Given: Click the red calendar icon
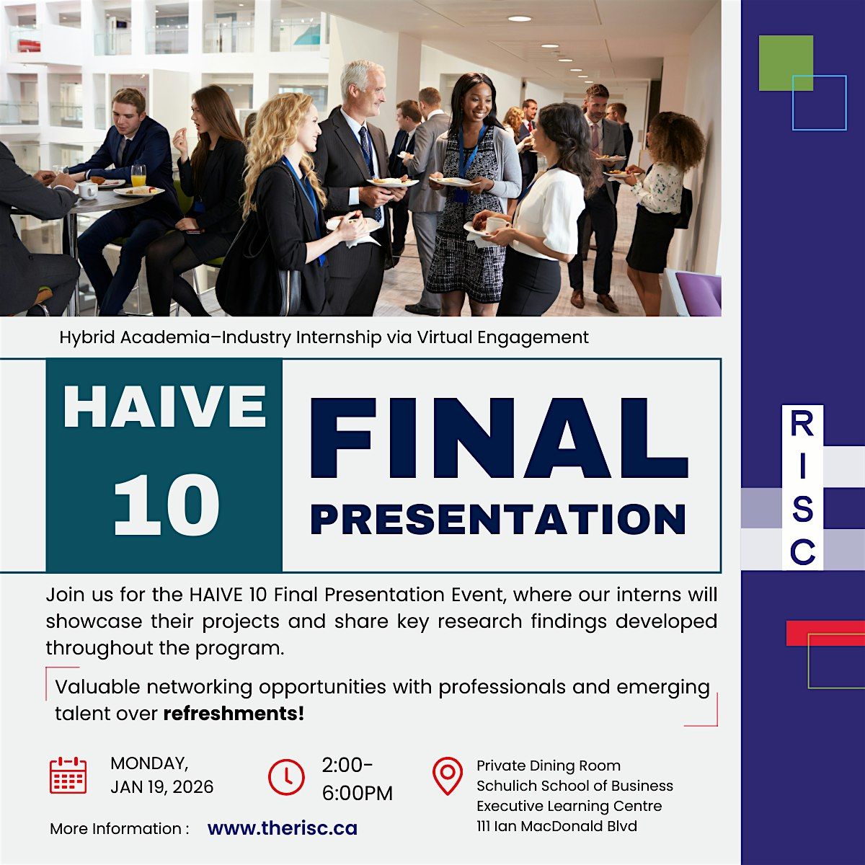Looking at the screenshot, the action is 68,775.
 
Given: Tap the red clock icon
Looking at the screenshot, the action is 286,778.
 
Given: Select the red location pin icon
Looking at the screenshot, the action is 448,776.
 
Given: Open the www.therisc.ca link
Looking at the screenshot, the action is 283,829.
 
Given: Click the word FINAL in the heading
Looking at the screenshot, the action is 499,438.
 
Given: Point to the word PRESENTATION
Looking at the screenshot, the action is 498,518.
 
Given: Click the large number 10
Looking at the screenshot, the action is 167,505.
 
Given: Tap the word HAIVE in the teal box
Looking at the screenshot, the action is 165,407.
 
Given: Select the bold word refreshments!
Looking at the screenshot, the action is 234,714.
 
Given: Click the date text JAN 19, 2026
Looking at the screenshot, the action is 162,787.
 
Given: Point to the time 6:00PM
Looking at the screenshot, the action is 358,794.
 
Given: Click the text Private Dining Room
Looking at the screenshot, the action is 549,766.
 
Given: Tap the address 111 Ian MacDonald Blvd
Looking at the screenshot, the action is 556,826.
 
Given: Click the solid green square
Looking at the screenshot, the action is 786,63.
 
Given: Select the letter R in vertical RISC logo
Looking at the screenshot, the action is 802,424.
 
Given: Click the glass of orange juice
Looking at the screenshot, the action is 138,175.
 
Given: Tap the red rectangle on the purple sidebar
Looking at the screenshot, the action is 825,634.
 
